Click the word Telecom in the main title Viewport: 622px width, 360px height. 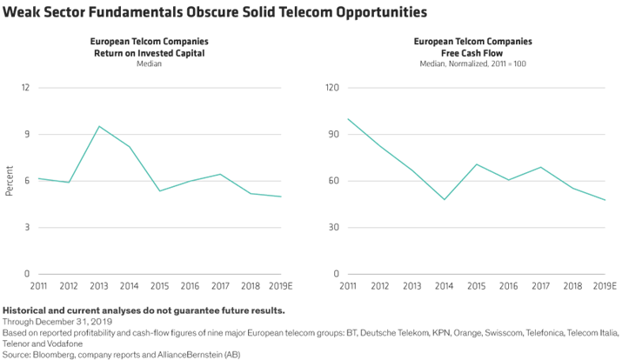pyautogui.click(x=265, y=12)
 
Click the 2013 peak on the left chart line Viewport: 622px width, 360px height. pyautogui.click(x=98, y=126)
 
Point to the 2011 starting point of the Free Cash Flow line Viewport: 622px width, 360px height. pyautogui.click(x=347, y=119)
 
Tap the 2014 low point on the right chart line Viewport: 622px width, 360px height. pyautogui.click(x=445, y=200)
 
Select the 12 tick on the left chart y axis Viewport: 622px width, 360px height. pyautogui.click(x=25, y=88)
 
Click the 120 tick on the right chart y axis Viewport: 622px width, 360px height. pyautogui.click(x=330, y=88)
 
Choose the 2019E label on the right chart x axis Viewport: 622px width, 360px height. pyautogui.click(x=606, y=285)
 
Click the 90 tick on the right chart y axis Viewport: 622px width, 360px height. pyautogui.click(x=331, y=135)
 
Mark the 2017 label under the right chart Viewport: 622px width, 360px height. pyautogui.click(x=541, y=285)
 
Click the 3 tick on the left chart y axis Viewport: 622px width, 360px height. pyautogui.click(x=27, y=228)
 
